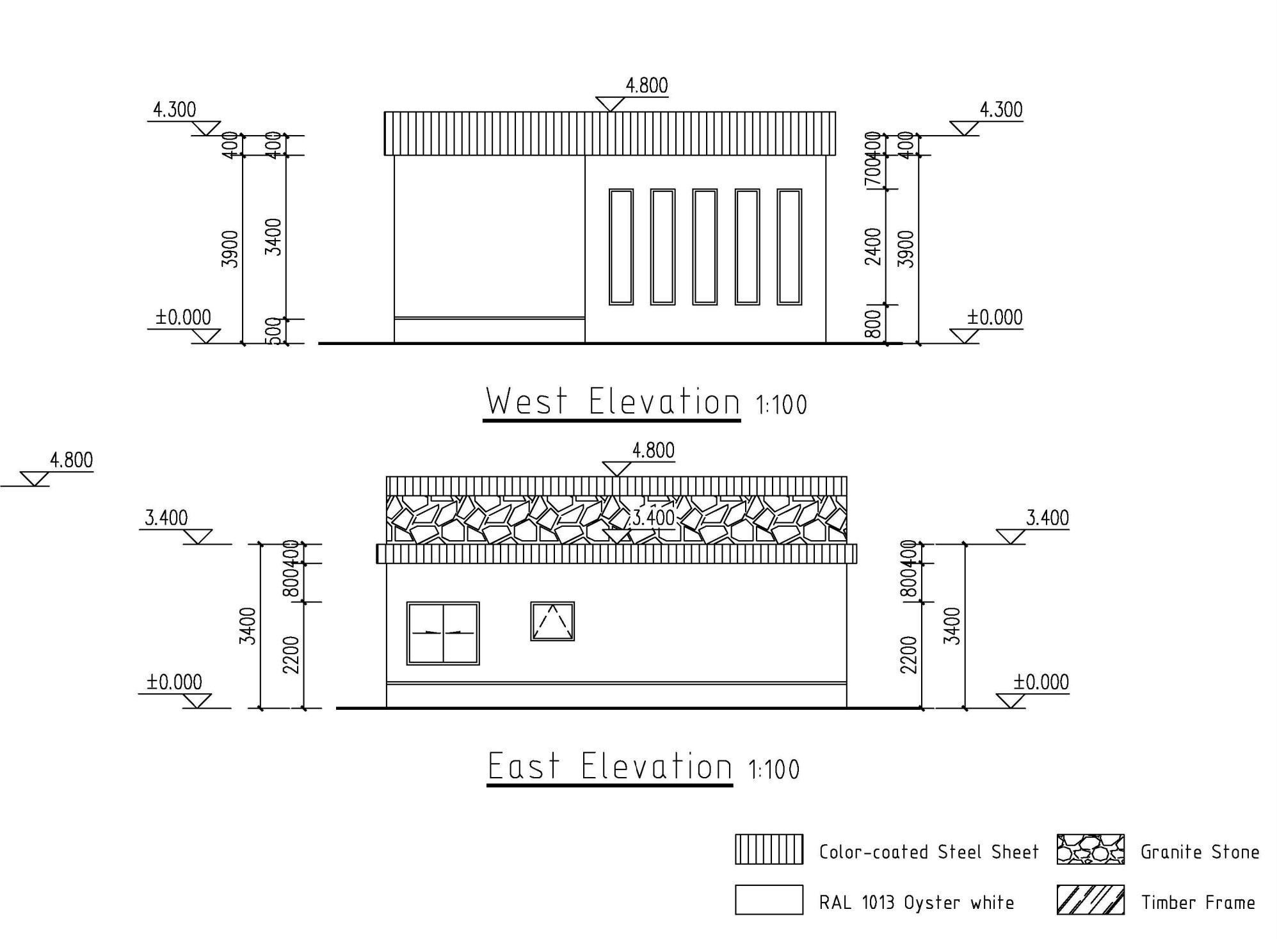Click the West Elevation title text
coord(612,402)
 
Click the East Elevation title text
coord(609,766)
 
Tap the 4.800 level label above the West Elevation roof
coord(647,86)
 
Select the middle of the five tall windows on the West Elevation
coord(704,246)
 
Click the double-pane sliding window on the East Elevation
coord(443,633)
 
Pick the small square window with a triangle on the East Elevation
coord(552,621)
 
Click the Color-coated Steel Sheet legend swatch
coord(768,849)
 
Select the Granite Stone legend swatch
coord(1090,849)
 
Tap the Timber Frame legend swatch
coord(1090,900)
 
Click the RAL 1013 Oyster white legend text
coord(916,903)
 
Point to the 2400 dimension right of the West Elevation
coord(873,246)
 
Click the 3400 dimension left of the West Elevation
coord(274,237)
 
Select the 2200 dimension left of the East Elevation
coord(291,655)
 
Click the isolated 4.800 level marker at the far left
coord(71,460)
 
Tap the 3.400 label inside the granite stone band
coord(653,517)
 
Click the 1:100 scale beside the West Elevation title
coord(781,405)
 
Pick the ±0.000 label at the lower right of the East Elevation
coord(1041,682)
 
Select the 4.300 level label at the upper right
coord(1001,110)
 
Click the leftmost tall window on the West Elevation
coord(621,246)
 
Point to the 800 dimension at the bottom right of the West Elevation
coord(873,325)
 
